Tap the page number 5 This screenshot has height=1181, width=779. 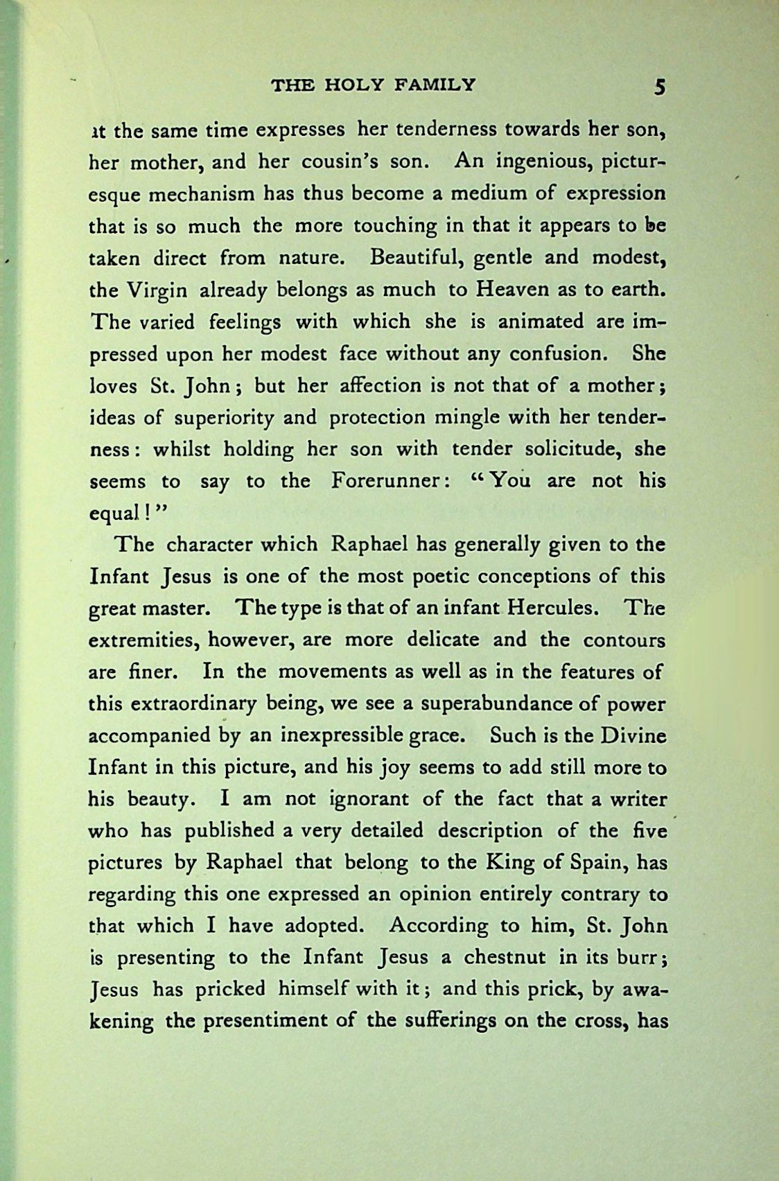(659, 87)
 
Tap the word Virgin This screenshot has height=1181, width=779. (158, 290)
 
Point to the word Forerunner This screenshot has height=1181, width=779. (384, 481)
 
